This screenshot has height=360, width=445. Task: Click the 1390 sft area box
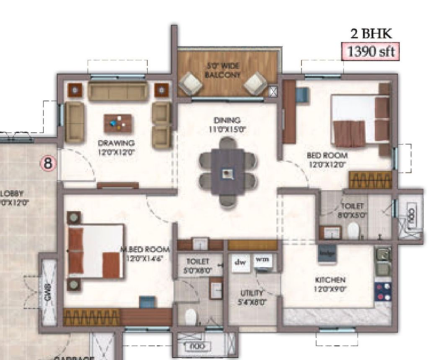pos(369,51)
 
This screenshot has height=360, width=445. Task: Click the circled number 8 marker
pos(48,162)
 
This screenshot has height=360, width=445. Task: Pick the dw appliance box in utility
pos(241,263)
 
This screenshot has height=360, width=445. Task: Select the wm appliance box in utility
pos(262,261)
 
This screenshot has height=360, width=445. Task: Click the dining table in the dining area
pos(227,173)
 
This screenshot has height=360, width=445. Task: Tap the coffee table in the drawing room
pos(118,123)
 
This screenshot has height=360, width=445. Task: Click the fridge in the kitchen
pos(327,253)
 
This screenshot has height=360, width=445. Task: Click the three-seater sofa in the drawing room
pos(118,91)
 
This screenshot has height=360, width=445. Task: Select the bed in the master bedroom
pos(96,252)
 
